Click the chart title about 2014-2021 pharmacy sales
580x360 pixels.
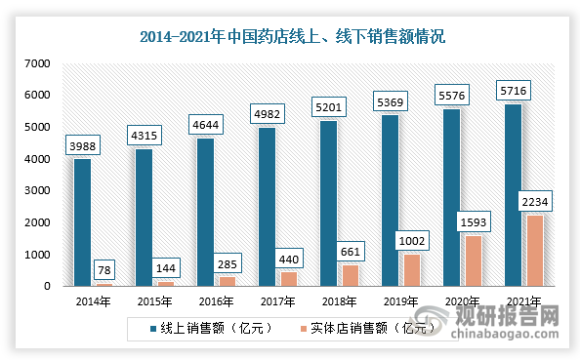(290, 37)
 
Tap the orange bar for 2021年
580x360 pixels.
(533, 251)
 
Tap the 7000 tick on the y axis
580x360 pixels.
(38, 63)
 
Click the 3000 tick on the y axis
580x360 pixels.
(38, 191)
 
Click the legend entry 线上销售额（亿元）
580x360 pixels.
(204, 328)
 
